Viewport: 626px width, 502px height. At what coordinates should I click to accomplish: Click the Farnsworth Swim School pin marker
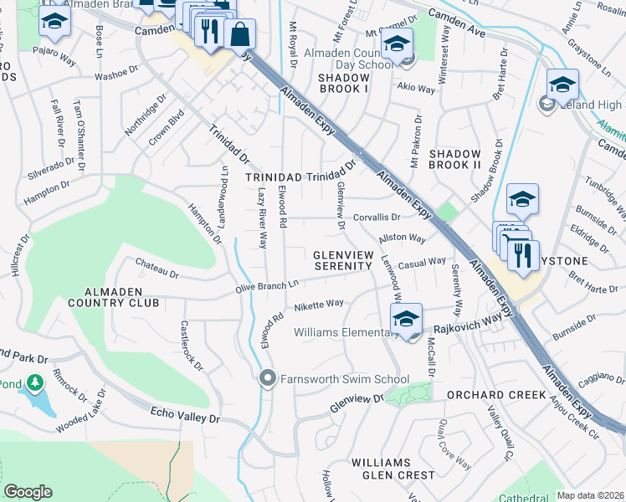tap(268, 379)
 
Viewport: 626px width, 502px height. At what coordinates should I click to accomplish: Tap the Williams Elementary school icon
tap(406, 319)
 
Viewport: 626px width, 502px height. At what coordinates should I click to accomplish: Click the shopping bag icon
tap(239, 34)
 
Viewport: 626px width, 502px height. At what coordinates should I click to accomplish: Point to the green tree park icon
tap(34, 383)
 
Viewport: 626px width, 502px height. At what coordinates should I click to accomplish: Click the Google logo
tap(28, 492)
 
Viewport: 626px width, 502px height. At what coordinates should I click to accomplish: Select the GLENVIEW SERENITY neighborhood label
tap(341, 259)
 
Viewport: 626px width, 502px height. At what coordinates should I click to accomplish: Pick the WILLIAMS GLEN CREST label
tap(381, 469)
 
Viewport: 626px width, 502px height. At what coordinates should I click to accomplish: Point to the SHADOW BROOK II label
tap(454, 160)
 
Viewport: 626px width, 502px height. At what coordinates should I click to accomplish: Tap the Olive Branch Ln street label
tap(266, 286)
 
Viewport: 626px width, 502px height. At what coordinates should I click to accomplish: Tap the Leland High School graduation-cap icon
tap(562, 85)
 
